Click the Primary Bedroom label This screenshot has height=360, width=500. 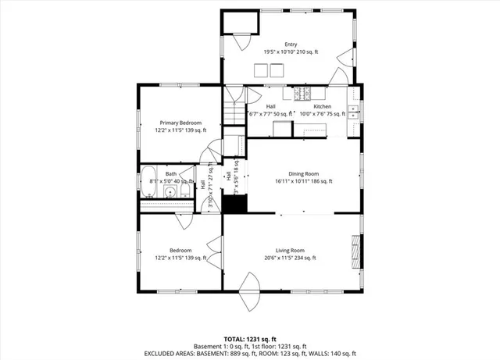[x=180, y=123]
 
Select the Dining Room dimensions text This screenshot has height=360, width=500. [x=304, y=181]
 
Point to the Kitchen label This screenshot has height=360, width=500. [x=323, y=106]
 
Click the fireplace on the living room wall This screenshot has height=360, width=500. [x=357, y=249]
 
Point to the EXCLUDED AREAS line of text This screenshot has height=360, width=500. [x=250, y=354]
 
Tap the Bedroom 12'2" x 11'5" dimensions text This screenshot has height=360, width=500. [x=180, y=258]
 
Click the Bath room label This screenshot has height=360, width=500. [x=170, y=174]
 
